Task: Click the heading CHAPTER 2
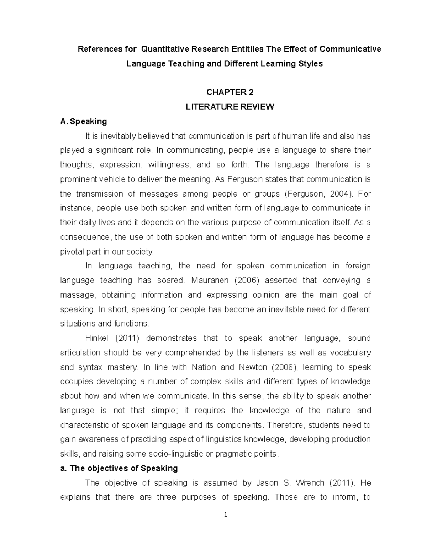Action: click(x=230, y=92)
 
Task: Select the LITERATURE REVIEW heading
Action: click(x=230, y=107)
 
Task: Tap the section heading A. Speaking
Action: click(x=84, y=121)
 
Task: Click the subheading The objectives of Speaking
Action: click(x=119, y=468)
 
